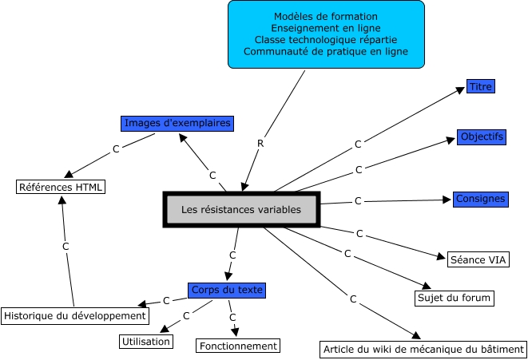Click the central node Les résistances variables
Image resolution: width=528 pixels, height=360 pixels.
[x=241, y=209]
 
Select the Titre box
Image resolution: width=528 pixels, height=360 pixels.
[x=481, y=86]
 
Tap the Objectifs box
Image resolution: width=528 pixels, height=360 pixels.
[x=482, y=137]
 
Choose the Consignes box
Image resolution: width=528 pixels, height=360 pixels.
[x=481, y=200]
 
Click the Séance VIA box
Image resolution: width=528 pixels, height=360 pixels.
[x=478, y=259]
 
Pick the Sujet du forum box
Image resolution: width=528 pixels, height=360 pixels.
[x=455, y=298]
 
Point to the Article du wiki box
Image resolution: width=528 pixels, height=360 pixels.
[x=423, y=350]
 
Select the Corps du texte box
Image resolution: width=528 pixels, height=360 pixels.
[x=227, y=291]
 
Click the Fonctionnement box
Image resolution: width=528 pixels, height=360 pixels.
[x=238, y=346]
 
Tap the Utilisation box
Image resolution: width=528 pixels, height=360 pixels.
[x=146, y=342]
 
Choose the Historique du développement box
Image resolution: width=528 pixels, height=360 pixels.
[x=75, y=316]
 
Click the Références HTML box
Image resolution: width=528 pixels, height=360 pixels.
[x=61, y=187]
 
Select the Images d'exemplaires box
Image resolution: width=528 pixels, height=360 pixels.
[x=177, y=124]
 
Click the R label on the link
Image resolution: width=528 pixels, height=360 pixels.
[x=260, y=144]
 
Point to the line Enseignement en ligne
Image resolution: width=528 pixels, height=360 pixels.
[x=326, y=28]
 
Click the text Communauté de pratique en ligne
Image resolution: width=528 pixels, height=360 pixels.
[x=326, y=51]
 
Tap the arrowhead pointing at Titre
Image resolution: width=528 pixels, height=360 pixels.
[x=460, y=90]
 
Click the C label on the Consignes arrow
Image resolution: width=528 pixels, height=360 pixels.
[x=358, y=201]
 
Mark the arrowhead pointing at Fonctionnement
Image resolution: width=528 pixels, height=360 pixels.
[x=235, y=332]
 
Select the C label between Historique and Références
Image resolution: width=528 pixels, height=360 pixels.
[x=66, y=247]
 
